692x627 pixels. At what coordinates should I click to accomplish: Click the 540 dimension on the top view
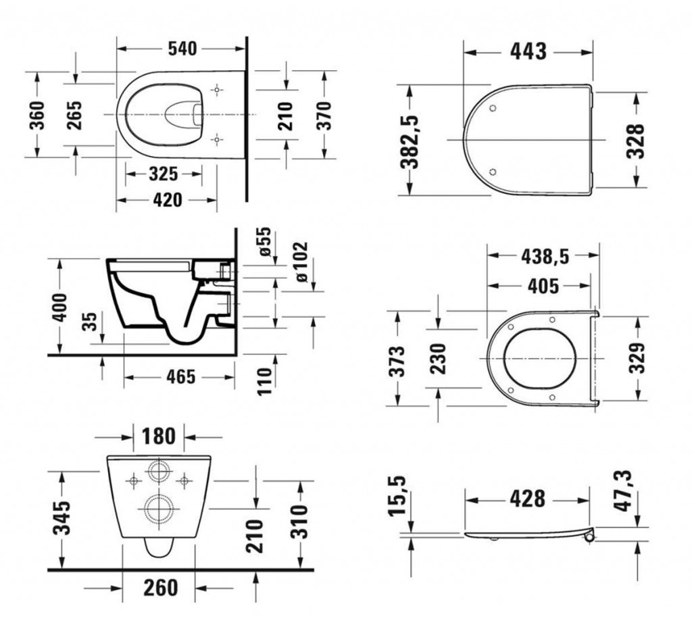[180, 49]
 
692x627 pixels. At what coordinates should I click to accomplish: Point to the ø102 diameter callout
[300, 262]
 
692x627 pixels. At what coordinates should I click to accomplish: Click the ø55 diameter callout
[264, 241]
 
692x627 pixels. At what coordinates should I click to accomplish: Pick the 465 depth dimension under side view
[180, 376]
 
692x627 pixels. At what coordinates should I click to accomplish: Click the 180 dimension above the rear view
[158, 436]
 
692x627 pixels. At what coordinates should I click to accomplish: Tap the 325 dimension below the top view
[163, 174]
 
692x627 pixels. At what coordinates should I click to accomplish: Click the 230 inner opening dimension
[439, 358]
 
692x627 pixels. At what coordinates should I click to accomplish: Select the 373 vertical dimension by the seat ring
[400, 360]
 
